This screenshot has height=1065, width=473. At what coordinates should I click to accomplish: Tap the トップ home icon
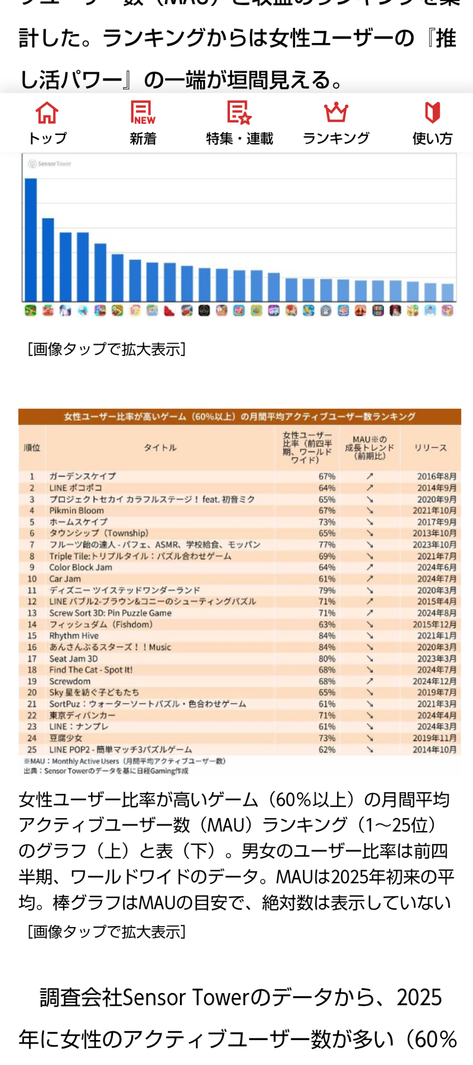[47, 113]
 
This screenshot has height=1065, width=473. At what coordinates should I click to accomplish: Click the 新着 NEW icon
[143, 113]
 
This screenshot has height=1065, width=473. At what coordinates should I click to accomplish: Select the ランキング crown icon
[336, 113]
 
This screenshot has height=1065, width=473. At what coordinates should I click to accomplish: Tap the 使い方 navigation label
[432, 138]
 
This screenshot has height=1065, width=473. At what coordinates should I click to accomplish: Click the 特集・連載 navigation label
[240, 138]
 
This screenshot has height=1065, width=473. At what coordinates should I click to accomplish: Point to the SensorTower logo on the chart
[49, 164]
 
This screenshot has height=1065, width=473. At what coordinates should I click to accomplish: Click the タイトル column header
[160, 448]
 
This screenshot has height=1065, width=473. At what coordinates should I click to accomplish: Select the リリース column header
[431, 448]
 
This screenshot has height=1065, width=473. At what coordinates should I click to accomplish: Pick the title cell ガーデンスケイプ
[83, 476]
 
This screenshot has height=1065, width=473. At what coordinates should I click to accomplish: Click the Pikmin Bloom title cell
[77, 510]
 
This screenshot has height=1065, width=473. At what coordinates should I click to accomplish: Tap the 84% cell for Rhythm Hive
[327, 635]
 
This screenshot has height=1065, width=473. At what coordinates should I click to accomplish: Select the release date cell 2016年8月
[436, 476]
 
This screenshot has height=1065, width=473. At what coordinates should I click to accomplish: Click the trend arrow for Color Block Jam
[370, 567]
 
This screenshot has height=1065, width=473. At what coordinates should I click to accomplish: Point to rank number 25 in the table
[32, 749]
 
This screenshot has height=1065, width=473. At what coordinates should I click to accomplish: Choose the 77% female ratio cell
[327, 544]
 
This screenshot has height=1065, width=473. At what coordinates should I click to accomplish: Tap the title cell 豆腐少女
[66, 738]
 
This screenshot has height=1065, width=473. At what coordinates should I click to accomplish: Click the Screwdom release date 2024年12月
[434, 681]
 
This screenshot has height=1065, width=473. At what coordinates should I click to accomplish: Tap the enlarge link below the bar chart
[106, 349]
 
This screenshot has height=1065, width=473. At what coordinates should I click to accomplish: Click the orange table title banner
[240, 416]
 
